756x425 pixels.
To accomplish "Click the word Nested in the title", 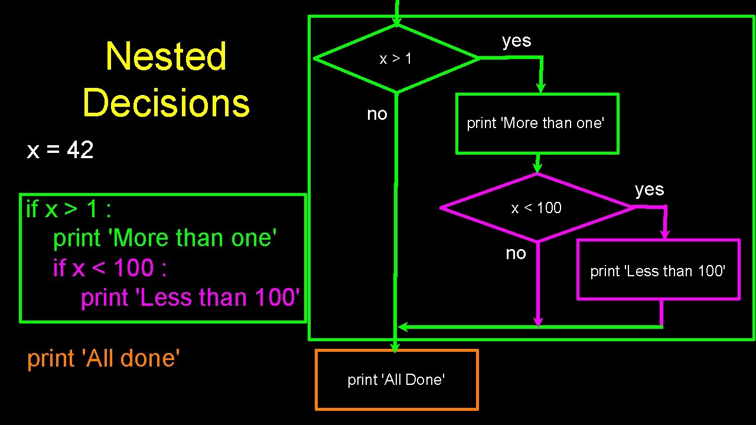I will tap(166, 57).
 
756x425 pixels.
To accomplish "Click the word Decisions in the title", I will tap(166, 102).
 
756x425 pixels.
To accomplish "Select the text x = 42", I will tap(60, 151).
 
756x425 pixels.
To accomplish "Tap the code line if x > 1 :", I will tap(69, 208).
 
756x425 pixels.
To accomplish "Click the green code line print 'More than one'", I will tap(165, 238).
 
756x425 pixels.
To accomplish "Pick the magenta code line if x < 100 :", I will tap(110, 268).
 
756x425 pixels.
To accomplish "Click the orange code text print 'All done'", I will tap(103, 358).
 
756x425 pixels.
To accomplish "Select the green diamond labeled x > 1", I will tap(396, 58).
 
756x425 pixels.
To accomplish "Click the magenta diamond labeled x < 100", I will tap(536, 208).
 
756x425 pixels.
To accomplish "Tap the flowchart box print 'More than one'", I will tap(536, 123).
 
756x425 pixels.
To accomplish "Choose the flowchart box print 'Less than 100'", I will tap(657, 270).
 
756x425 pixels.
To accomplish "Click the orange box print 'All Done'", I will tap(396, 380).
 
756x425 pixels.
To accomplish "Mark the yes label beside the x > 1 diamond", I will tap(517, 41).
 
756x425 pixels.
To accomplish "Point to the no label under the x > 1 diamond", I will tap(377, 113).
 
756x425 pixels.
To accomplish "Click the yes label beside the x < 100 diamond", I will tap(650, 189).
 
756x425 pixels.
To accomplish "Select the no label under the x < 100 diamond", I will tap(516, 253).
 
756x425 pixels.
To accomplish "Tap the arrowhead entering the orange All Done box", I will tap(396, 347).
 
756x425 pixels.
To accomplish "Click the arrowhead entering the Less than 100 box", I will tap(665, 235).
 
